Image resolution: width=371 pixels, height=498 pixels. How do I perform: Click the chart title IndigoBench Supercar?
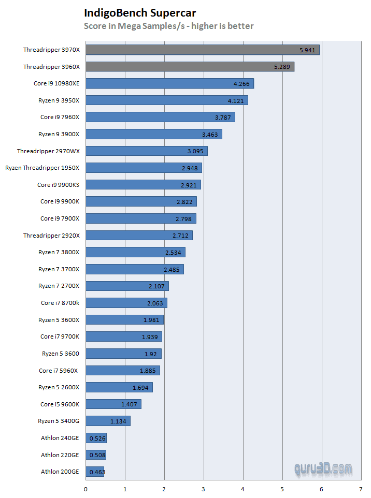(140, 13)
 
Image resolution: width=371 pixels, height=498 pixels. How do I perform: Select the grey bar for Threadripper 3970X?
(202, 50)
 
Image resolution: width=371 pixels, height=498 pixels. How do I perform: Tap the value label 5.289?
(282, 67)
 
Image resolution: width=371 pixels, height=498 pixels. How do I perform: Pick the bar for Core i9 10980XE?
(169, 83)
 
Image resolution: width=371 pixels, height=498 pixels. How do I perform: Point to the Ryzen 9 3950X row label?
(59, 100)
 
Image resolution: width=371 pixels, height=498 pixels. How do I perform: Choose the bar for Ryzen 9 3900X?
(153, 134)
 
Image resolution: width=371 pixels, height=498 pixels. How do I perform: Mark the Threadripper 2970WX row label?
(48, 151)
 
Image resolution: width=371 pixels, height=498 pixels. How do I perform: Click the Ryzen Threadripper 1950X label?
(42, 168)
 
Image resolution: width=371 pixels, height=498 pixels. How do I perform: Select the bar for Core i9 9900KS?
(143, 184)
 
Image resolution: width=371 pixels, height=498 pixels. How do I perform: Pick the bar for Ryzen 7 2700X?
(127, 286)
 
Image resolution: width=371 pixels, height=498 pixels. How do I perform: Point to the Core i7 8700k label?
(60, 303)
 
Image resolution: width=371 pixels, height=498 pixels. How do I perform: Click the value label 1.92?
(150, 354)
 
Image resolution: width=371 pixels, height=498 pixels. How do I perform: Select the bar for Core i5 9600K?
(113, 404)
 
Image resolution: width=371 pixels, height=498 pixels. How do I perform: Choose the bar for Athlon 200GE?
(95, 472)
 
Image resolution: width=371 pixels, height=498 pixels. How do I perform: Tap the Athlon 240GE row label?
(60, 438)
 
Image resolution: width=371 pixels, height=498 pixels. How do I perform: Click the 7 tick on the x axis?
(361, 488)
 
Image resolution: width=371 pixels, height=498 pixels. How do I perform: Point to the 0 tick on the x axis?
(85, 488)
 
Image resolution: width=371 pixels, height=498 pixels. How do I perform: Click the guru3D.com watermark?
(323, 469)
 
